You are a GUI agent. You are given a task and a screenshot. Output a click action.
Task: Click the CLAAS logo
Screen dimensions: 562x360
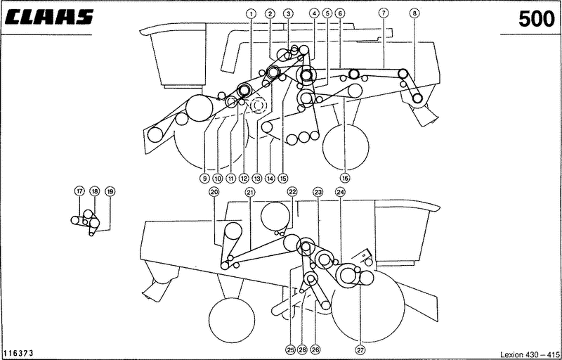49,17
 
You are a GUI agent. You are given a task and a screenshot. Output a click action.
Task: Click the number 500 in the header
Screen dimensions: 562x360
537,19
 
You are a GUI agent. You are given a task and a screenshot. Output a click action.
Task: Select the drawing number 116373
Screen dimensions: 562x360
18,354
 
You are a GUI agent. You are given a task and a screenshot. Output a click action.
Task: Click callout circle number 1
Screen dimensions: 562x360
251,13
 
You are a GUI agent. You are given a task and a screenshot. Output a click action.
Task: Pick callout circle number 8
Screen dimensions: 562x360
414,13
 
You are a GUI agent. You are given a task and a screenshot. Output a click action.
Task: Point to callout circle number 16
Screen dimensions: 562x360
345,177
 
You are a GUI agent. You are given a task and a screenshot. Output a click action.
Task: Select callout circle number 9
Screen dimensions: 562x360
204,177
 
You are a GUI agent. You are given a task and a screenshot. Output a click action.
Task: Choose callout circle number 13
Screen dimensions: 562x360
257,177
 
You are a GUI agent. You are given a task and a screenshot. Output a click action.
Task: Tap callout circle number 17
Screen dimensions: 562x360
79,191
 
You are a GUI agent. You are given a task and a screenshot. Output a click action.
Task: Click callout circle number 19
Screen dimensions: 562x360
110,191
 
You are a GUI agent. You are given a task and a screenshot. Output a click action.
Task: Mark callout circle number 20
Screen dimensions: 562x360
214,192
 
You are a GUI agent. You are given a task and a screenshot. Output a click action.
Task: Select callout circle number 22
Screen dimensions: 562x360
292,192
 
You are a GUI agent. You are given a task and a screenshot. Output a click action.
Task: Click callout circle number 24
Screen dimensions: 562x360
340,192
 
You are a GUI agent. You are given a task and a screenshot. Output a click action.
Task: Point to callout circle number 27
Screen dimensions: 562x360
360,349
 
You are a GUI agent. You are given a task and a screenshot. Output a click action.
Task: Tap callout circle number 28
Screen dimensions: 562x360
302,349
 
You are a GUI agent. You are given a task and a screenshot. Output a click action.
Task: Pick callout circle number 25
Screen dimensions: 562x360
290,349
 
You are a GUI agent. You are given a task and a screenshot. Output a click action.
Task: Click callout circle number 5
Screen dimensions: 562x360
327,13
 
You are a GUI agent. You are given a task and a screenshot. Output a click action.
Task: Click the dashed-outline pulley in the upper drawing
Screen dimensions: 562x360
258,105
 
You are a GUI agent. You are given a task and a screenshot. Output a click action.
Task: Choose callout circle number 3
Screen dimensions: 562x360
288,13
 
